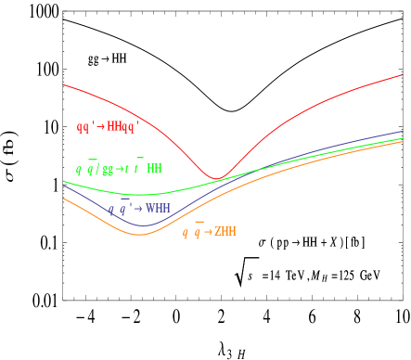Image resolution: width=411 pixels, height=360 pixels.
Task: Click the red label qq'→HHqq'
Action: [107, 126]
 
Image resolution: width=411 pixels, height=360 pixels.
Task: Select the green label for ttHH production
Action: [119, 169]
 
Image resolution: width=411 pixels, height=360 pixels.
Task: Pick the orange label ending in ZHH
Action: [209, 232]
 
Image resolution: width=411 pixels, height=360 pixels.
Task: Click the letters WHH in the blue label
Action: [158, 209]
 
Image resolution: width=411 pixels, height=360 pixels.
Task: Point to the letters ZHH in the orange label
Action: [225, 232]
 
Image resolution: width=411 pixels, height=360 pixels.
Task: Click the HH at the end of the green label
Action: [154, 169]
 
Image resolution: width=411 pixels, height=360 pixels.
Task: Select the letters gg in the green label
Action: [108, 170]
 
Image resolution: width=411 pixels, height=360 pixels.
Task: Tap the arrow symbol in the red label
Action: [100, 126]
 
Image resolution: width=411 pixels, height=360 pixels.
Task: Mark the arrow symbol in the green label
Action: [120, 170]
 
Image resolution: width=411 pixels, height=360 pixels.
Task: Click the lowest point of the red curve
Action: [216, 178]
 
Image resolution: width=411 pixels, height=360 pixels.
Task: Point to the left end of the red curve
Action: [63, 84]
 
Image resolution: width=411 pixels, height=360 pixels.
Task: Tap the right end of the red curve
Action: [402, 75]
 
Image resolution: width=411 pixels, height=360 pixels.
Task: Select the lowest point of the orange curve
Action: [141, 235]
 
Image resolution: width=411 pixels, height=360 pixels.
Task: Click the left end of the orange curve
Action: [63, 198]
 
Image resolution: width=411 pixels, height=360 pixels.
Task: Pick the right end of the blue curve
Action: [402, 132]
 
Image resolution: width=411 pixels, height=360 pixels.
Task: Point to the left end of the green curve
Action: [63, 180]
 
